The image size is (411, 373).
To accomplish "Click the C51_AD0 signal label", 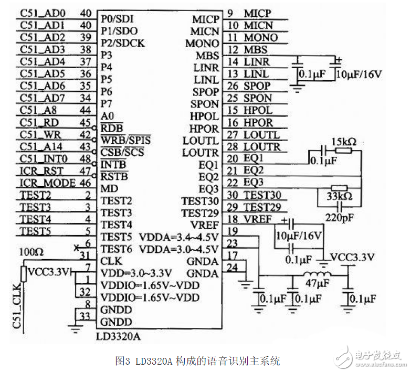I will (43, 13).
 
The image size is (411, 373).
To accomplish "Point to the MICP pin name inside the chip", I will (205, 19).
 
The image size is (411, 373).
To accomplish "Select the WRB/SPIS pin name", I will (125, 141).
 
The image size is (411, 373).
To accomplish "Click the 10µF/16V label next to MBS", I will (360, 74).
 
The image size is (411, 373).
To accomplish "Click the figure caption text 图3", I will (122, 361).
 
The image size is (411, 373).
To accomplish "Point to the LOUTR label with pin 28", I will (266, 146).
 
